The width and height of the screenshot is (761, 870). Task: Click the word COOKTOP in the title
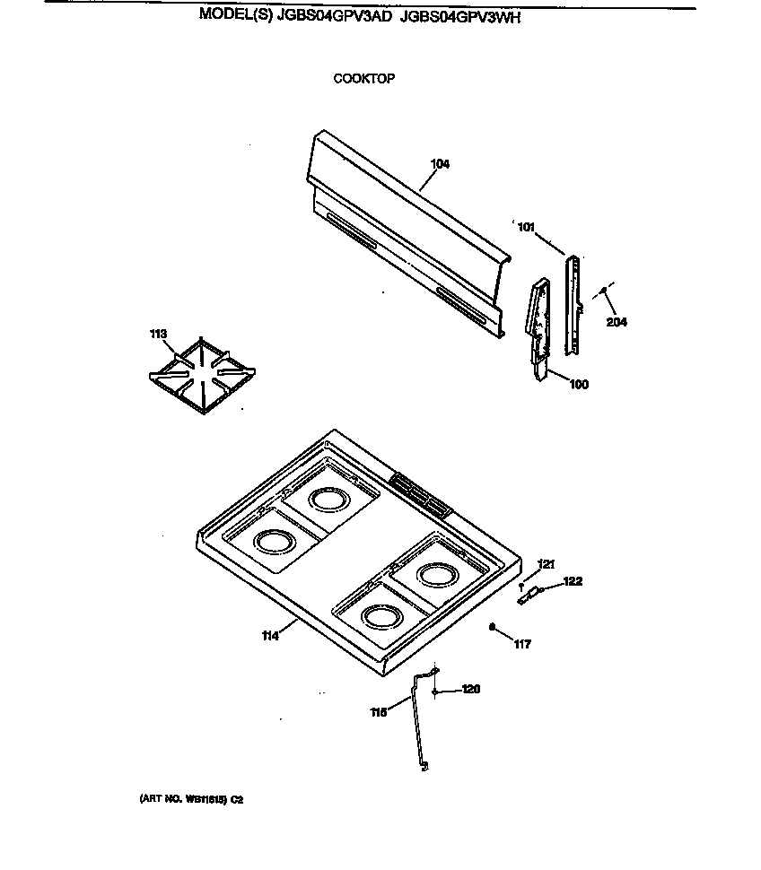tap(363, 78)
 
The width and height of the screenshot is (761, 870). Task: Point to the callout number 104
tap(440, 164)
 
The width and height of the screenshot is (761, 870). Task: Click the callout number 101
tap(526, 227)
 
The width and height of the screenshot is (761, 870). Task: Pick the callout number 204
tap(616, 323)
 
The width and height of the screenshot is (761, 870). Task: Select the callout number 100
tap(579, 385)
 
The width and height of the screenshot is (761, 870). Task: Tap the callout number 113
tap(158, 334)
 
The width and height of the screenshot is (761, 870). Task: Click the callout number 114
tap(270, 636)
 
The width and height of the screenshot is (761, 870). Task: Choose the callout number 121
tap(547, 564)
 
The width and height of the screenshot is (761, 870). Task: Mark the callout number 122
tap(573, 581)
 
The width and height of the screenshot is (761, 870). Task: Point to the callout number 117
tap(522, 643)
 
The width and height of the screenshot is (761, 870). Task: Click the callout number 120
tap(471, 690)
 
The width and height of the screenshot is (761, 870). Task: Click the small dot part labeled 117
tap(493, 627)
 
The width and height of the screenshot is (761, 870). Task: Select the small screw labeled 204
tap(603, 291)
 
